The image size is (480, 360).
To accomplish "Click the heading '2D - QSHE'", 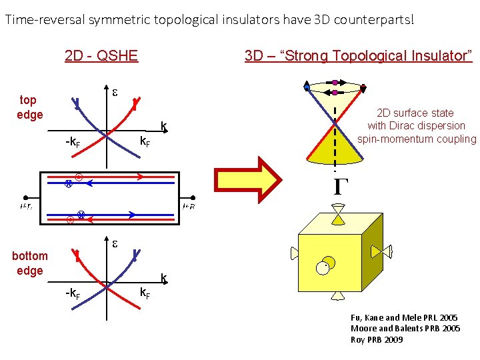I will click(x=101, y=55).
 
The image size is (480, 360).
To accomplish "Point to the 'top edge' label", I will click(x=29, y=107).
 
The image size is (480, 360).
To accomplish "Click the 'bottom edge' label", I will click(x=30, y=263).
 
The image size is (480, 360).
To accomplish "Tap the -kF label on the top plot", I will click(x=73, y=141).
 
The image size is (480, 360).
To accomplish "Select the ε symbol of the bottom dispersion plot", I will click(x=115, y=245).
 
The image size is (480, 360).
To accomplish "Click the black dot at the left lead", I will click(x=25, y=198).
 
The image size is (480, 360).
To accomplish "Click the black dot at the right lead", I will click(x=193, y=198).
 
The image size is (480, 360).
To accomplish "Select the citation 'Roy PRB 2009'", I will click(x=377, y=340).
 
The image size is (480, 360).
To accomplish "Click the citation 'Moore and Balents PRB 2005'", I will click(x=405, y=329).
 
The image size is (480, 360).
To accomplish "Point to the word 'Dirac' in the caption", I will click(x=415, y=126).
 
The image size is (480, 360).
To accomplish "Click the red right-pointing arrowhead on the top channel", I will click(x=140, y=177).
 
